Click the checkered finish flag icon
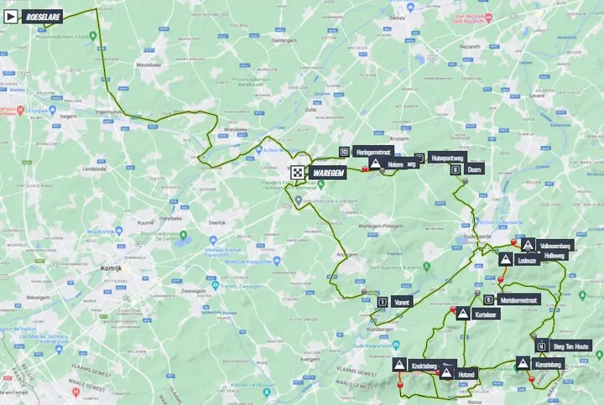[297, 172]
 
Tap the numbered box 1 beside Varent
[383, 301]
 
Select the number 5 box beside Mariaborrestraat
[488, 299]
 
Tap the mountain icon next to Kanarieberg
[523, 364]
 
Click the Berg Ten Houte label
[573, 345]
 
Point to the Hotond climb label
[467, 373]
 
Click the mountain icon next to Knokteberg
[398, 365]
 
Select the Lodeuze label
[528, 260]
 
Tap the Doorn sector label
[475, 168]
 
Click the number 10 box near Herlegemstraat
[344, 151]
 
